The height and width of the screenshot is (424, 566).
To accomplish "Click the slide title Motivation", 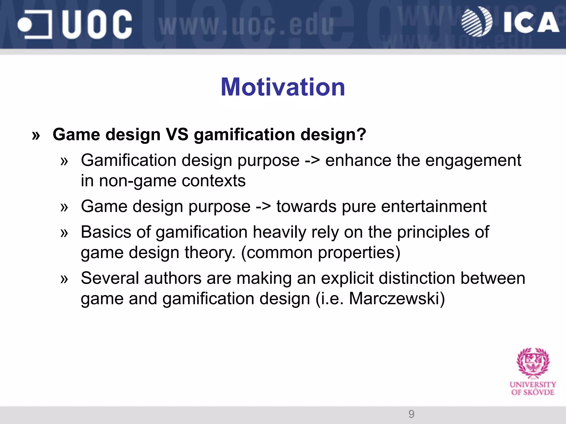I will click(283, 87).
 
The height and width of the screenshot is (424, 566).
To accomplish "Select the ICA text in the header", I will click(531, 23).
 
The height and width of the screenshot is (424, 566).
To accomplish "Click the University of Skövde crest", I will click(533, 363).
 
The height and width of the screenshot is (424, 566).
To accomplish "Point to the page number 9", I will click(411, 414).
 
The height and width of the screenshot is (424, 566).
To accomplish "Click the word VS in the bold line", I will click(177, 135).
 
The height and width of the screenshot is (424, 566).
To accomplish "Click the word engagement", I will click(473, 161).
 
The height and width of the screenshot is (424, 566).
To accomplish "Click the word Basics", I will click(106, 232).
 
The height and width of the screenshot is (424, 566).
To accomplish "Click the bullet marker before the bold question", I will click(36, 135).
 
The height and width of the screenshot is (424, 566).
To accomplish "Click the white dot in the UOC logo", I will click(25, 25).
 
